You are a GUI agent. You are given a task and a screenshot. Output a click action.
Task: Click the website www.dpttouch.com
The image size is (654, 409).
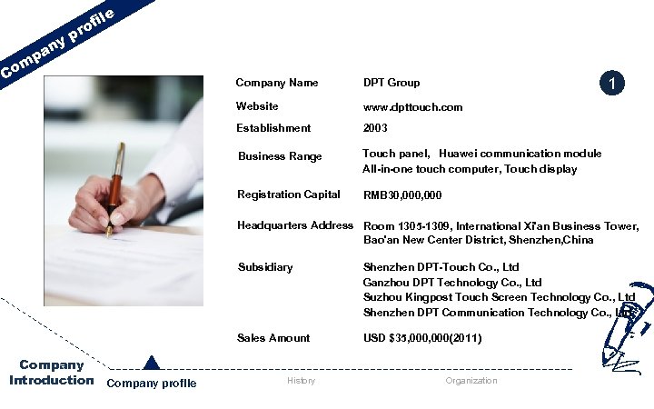click(x=412, y=107)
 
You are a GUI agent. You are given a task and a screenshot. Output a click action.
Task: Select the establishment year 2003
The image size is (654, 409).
click(x=375, y=128)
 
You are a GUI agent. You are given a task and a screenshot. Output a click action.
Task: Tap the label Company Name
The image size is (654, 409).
click(x=277, y=83)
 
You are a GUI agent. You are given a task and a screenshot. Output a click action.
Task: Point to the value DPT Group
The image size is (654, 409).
click(x=391, y=83)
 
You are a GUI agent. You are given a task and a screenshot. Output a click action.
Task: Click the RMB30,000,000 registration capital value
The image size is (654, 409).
click(x=402, y=195)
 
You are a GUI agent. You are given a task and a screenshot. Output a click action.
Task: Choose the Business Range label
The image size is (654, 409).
click(x=280, y=156)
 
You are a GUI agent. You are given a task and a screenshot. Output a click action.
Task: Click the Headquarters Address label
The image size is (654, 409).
click(x=295, y=225)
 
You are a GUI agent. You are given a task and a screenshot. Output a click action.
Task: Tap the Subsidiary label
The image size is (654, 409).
click(x=265, y=267)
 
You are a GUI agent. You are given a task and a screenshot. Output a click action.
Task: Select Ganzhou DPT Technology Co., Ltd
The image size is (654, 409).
click(x=451, y=283)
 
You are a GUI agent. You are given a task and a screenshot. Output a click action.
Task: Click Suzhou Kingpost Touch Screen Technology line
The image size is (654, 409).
click(x=499, y=297)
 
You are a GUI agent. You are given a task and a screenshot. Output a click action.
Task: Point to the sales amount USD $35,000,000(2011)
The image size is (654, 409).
click(x=422, y=338)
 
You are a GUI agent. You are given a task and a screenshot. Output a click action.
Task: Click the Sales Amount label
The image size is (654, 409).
click(x=273, y=338)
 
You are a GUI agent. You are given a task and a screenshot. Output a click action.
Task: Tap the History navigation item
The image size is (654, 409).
click(x=301, y=381)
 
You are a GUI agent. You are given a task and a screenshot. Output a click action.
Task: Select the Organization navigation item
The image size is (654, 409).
click(x=471, y=381)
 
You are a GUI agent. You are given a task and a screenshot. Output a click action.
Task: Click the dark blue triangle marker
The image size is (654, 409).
click(x=152, y=363)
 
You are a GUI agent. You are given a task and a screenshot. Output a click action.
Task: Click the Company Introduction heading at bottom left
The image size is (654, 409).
click(x=52, y=373)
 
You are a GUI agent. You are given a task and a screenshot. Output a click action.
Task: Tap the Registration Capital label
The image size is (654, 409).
click(x=289, y=195)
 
